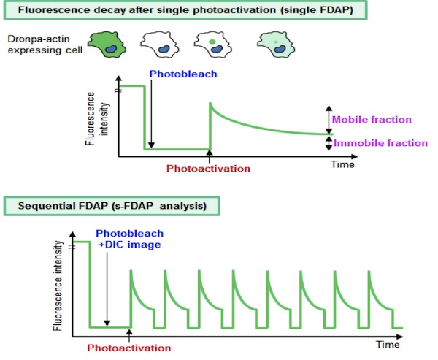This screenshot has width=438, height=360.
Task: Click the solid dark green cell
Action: click(107, 45)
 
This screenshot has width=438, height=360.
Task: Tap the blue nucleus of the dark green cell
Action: click(112, 50)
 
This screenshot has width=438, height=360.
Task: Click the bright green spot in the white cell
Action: click(212, 42)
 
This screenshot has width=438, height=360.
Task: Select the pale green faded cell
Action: click(276, 45)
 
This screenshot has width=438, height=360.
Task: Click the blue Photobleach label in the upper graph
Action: click(183, 74)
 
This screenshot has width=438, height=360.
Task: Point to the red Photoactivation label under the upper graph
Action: click(208, 169)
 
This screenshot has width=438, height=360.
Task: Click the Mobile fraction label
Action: click(372, 120)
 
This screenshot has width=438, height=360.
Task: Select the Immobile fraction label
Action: click(380, 143)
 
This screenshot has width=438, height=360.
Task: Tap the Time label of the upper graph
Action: click(343, 164)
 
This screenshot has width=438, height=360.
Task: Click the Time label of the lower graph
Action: click(388, 345)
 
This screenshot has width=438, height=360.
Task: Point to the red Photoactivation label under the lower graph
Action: click(129, 348)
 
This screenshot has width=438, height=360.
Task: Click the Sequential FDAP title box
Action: click(112, 206)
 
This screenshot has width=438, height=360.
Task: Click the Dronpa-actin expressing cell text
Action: click(45, 45)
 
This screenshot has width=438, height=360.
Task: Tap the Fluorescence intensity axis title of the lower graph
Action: click(58, 286)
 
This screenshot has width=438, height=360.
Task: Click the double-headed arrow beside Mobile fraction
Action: click(329, 120)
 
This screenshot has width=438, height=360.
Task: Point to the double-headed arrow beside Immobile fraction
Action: click(329, 143)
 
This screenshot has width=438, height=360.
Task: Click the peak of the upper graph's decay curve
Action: click(210, 103)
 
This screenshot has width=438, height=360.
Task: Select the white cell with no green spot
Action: click(159, 45)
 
